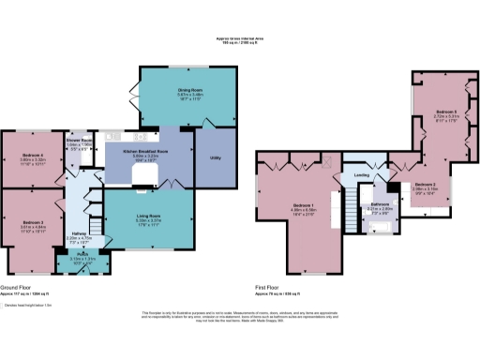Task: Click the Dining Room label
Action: coord(170,91)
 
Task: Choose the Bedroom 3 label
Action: coord(34,223)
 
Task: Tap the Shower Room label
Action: coord(78,142)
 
